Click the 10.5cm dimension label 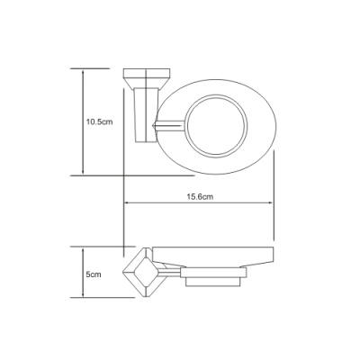coord(99,121)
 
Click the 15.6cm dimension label coord(200,197)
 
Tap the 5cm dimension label coord(94,274)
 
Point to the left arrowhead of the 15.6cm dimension coord(126,202)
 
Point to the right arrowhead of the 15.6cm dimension coord(271,202)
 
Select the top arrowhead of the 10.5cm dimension coord(83,71)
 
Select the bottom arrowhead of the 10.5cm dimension coord(83,173)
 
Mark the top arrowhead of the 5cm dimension coord(83,249)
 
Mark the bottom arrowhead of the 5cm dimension coord(83,295)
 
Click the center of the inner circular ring coord(216,126)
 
